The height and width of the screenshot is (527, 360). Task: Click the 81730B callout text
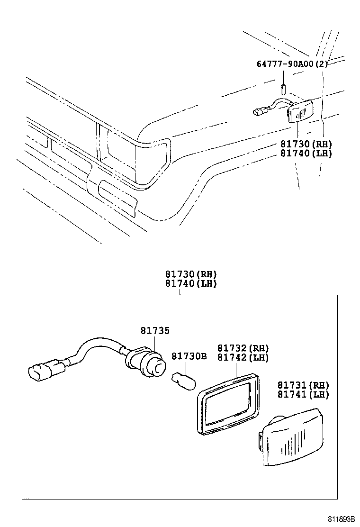[189, 356]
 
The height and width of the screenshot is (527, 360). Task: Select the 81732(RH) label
[243, 348]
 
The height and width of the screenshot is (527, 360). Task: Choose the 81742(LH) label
[243, 357]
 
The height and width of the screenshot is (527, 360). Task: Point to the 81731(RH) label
[303, 385]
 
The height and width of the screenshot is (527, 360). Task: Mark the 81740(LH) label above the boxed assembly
[191, 283]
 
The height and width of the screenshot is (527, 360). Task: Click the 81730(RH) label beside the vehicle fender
[306, 144]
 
